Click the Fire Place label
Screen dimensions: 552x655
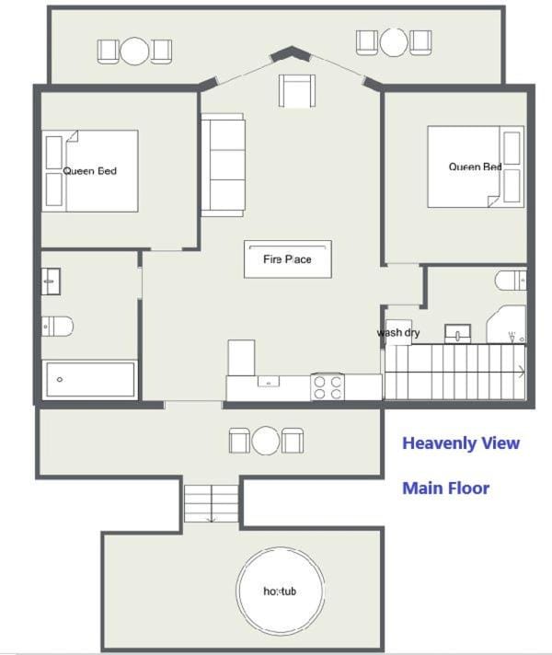[x=287, y=259]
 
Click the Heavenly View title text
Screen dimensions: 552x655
[x=461, y=443]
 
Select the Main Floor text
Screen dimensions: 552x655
[x=445, y=488]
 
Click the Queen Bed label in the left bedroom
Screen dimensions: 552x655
[x=90, y=171]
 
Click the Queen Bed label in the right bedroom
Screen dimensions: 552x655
[x=475, y=167]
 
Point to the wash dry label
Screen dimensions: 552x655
[x=398, y=332]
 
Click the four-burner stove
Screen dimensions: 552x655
[x=328, y=386]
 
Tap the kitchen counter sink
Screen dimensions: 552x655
[x=269, y=381]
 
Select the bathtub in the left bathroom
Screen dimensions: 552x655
[x=90, y=379]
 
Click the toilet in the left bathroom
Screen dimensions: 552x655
[x=57, y=327]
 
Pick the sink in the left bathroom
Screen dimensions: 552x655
[x=51, y=282]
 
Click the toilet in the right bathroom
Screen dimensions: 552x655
[x=511, y=280]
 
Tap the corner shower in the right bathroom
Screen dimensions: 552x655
[x=506, y=325]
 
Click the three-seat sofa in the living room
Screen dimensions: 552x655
[x=223, y=165]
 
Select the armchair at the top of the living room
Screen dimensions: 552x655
[x=297, y=91]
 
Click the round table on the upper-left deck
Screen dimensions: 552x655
[x=134, y=51]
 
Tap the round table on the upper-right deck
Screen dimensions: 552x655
[x=394, y=41]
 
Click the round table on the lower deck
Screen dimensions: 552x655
[x=266, y=441]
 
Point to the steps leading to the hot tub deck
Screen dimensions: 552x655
[x=212, y=503]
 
